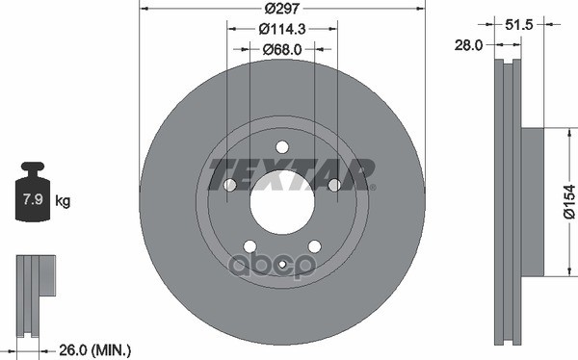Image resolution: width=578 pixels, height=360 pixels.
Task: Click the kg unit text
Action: [63, 201]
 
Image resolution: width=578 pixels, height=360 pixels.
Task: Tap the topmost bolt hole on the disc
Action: [282, 146]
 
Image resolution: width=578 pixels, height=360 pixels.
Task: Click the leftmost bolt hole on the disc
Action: [230, 186]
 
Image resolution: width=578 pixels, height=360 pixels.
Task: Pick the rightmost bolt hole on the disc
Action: [334, 185]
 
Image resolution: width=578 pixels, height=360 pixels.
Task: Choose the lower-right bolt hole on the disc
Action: [314, 245]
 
